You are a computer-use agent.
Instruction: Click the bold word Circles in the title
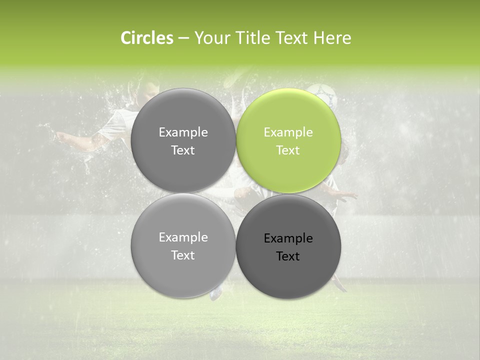pos(146,38)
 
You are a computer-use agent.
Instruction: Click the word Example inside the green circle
pos(288,132)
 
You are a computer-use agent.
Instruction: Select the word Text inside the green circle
pos(288,150)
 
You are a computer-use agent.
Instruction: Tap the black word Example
pos(288,238)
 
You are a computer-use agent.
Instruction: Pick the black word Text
pos(288,256)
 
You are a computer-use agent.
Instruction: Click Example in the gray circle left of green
pos(183,132)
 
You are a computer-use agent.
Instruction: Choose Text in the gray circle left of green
pos(183,150)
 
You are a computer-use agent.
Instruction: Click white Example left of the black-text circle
pos(183,237)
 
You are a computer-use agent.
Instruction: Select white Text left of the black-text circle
pos(183,255)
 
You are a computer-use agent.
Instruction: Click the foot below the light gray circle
pos(215,294)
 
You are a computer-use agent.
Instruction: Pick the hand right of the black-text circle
pos(350,196)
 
